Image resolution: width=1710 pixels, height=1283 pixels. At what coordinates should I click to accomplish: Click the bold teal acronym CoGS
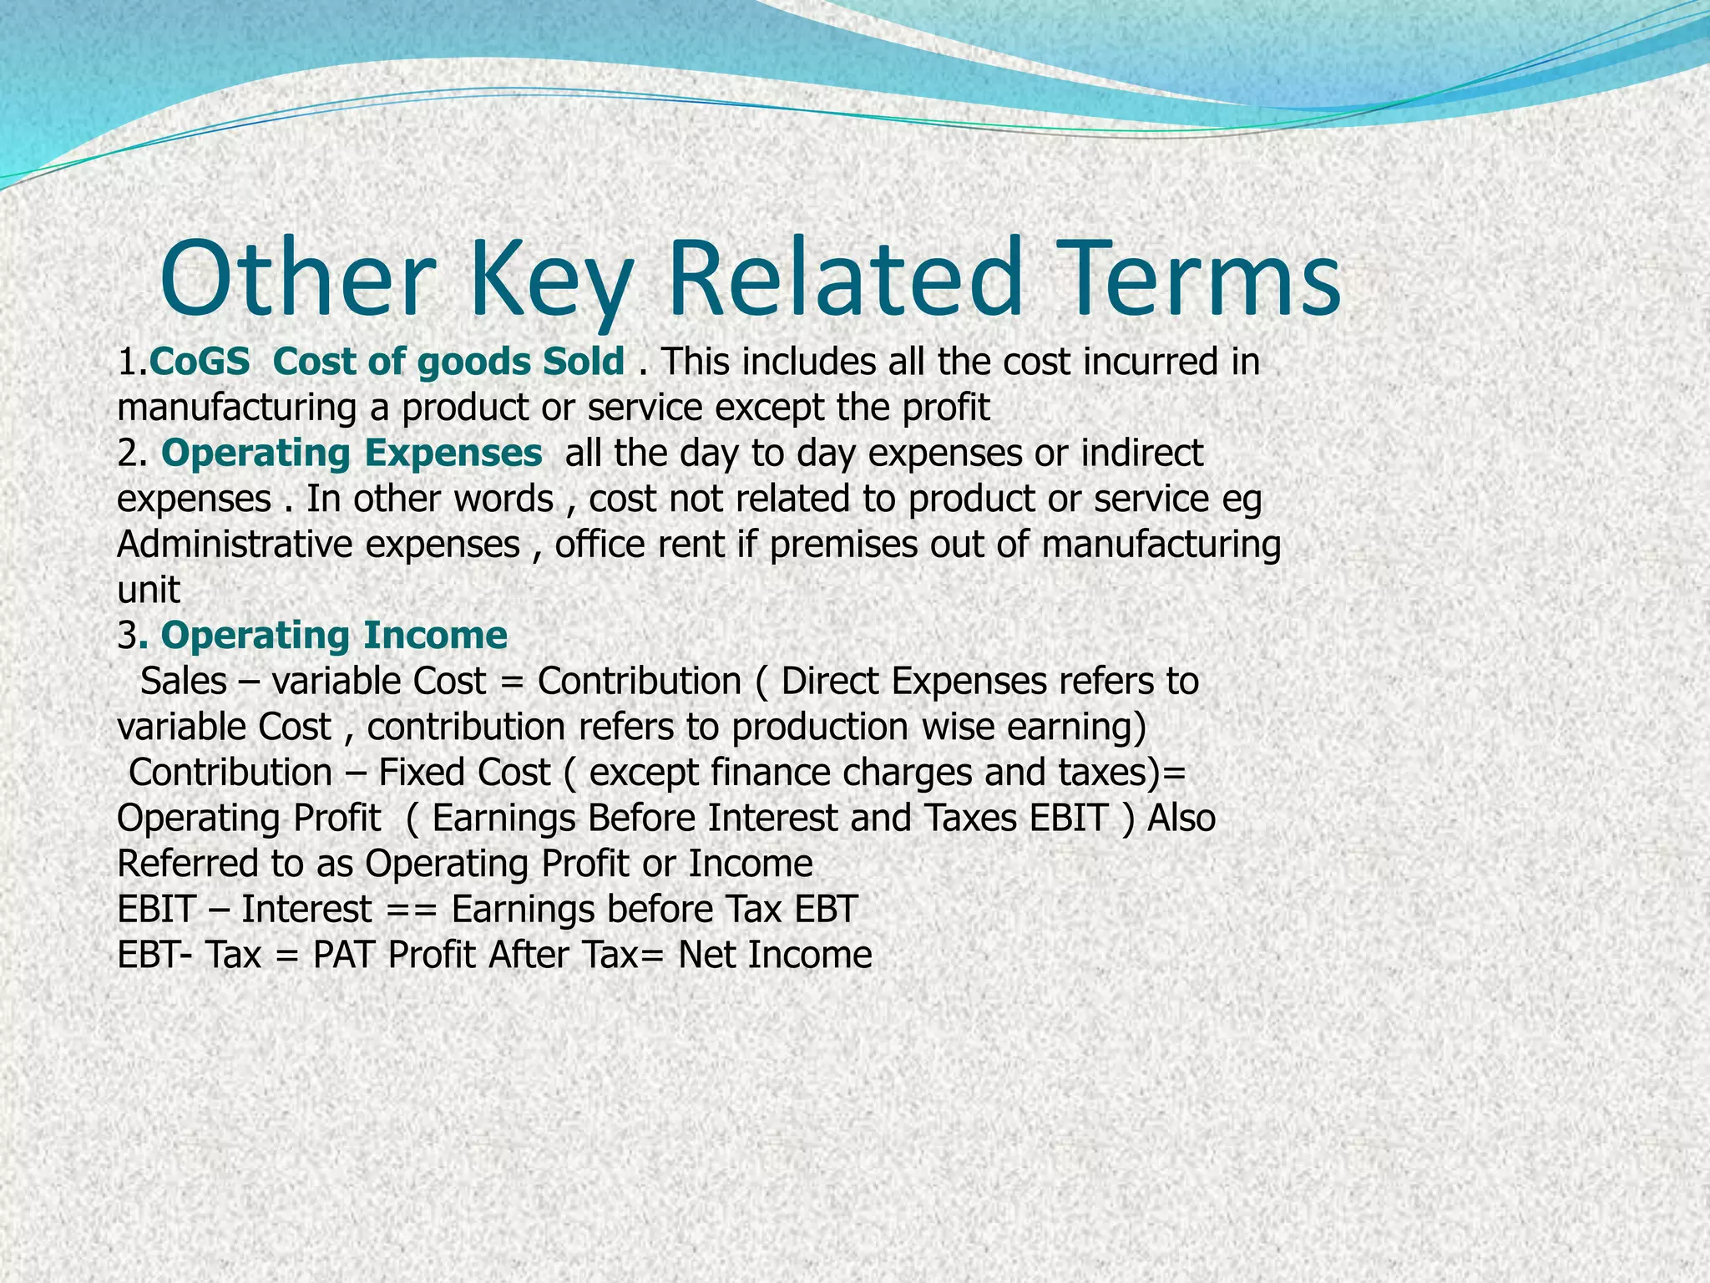(200, 363)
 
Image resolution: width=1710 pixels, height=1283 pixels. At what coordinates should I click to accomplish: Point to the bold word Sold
(583, 363)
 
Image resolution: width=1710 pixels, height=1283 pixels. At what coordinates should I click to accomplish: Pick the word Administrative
(235, 545)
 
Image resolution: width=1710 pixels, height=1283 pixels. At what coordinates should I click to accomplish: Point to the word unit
(149, 591)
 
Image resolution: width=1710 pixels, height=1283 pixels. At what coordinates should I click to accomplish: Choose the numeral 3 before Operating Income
(128, 636)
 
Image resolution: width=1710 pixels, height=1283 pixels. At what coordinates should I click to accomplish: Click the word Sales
(184, 682)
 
